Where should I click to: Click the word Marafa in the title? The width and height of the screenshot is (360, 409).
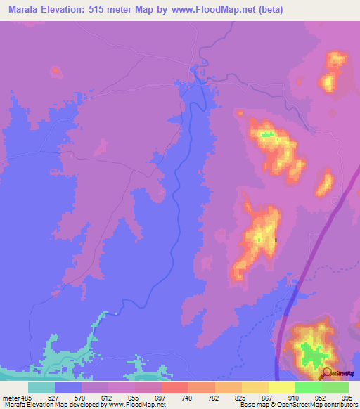point(22,9)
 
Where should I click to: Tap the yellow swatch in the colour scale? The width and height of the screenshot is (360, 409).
point(281,387)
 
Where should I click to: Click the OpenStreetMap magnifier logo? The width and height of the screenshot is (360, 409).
point(327,373)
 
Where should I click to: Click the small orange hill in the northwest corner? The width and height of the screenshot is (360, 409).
point(56,71)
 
